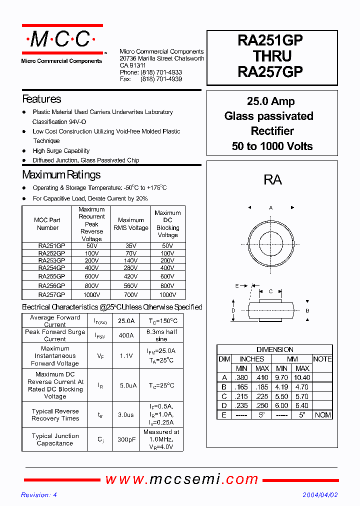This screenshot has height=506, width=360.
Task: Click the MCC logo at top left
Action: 62,39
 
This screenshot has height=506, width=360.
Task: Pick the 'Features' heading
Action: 41,99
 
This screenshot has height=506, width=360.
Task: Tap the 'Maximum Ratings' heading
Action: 61,175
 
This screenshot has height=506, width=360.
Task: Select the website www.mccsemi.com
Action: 181,479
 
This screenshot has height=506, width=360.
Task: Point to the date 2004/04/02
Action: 320,495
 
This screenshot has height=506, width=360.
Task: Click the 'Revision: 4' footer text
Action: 39,495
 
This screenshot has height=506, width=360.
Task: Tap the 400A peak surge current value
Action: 125,335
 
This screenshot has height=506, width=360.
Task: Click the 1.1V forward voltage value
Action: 126,356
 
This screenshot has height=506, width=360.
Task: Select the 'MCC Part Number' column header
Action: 47,224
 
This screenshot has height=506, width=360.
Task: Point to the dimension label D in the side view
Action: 233,311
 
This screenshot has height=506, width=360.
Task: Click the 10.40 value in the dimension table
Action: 302,378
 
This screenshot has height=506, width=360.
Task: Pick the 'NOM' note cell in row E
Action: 322,415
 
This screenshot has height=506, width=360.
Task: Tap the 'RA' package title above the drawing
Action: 272,180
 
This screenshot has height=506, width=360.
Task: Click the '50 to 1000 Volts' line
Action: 272,146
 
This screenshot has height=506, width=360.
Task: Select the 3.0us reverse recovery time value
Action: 126,414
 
